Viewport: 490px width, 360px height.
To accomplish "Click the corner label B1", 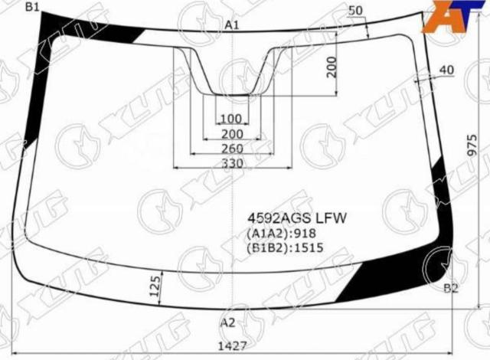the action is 31,7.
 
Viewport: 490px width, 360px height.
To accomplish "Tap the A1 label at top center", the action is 232,25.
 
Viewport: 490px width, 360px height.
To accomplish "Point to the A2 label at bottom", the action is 228,322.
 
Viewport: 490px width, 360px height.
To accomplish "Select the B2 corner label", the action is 451,288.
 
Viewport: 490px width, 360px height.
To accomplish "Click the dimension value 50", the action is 355,11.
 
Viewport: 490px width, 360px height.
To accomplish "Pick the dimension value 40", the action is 446,70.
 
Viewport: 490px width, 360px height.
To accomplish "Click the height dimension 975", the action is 472,146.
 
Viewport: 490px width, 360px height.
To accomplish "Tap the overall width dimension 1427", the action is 233,346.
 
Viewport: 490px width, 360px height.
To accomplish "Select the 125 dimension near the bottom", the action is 155,286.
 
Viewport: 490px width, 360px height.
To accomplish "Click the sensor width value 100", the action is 231,119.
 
